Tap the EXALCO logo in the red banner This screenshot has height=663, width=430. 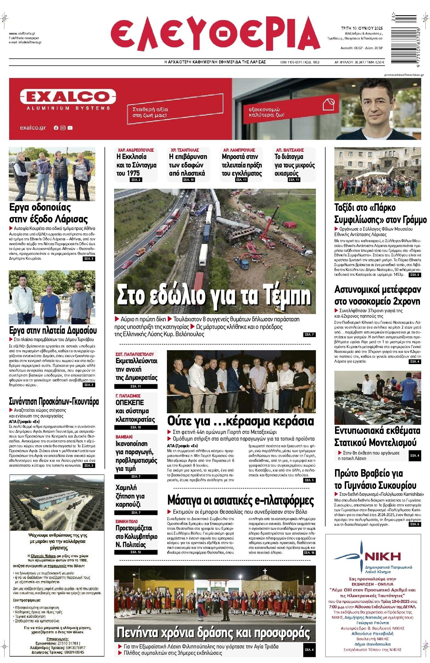(65, 97)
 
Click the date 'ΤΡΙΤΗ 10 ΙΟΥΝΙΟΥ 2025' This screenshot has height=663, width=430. (362, 28)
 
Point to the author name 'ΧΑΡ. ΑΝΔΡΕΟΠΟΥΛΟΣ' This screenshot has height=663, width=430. (136, 150)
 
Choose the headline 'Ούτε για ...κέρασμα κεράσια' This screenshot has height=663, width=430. (241, 421)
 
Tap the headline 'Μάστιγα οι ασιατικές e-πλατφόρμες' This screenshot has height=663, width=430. (241, 500)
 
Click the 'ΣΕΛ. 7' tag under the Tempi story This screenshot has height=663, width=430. (309, 335)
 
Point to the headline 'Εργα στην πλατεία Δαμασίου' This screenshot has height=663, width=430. (53, 330)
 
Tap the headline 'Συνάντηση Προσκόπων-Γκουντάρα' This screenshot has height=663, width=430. (54, 401)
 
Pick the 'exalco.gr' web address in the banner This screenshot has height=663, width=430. (33, 128)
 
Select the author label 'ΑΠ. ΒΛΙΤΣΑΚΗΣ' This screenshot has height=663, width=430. (290, 150)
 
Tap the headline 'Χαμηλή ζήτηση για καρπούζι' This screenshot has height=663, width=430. (130, 496)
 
